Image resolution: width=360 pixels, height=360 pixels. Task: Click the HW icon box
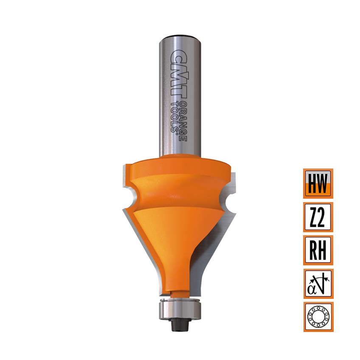point(318,183)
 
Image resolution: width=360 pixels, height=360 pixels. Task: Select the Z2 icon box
point(318,217)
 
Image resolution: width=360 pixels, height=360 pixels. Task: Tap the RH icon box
point(318,250)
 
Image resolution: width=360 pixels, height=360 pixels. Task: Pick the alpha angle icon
point(318,284)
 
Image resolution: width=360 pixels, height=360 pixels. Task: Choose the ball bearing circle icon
point(318,317)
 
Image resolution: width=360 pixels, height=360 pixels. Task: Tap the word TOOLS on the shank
point(175,118)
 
